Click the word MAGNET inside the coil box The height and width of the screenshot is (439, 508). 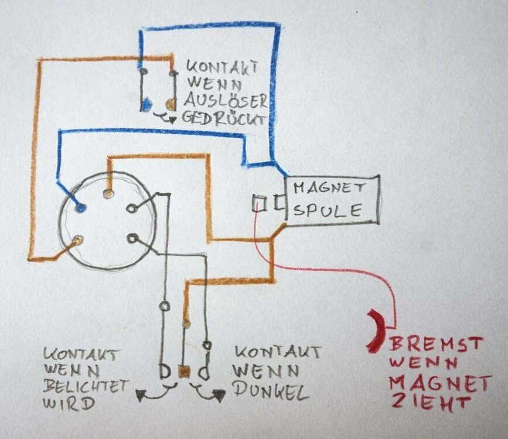point(329,188)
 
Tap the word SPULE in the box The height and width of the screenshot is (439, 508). point(327,210)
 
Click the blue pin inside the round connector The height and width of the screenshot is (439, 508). point(80,206)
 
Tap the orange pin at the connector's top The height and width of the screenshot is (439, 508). point(107,193)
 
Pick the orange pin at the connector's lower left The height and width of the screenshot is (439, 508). point(77,240)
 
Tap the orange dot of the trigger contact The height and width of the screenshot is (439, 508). point(171,104)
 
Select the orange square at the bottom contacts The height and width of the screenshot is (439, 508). point(184,372)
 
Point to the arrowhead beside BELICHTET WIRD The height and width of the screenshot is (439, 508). point(140,396)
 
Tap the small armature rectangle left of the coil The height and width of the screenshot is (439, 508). point(259,203)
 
